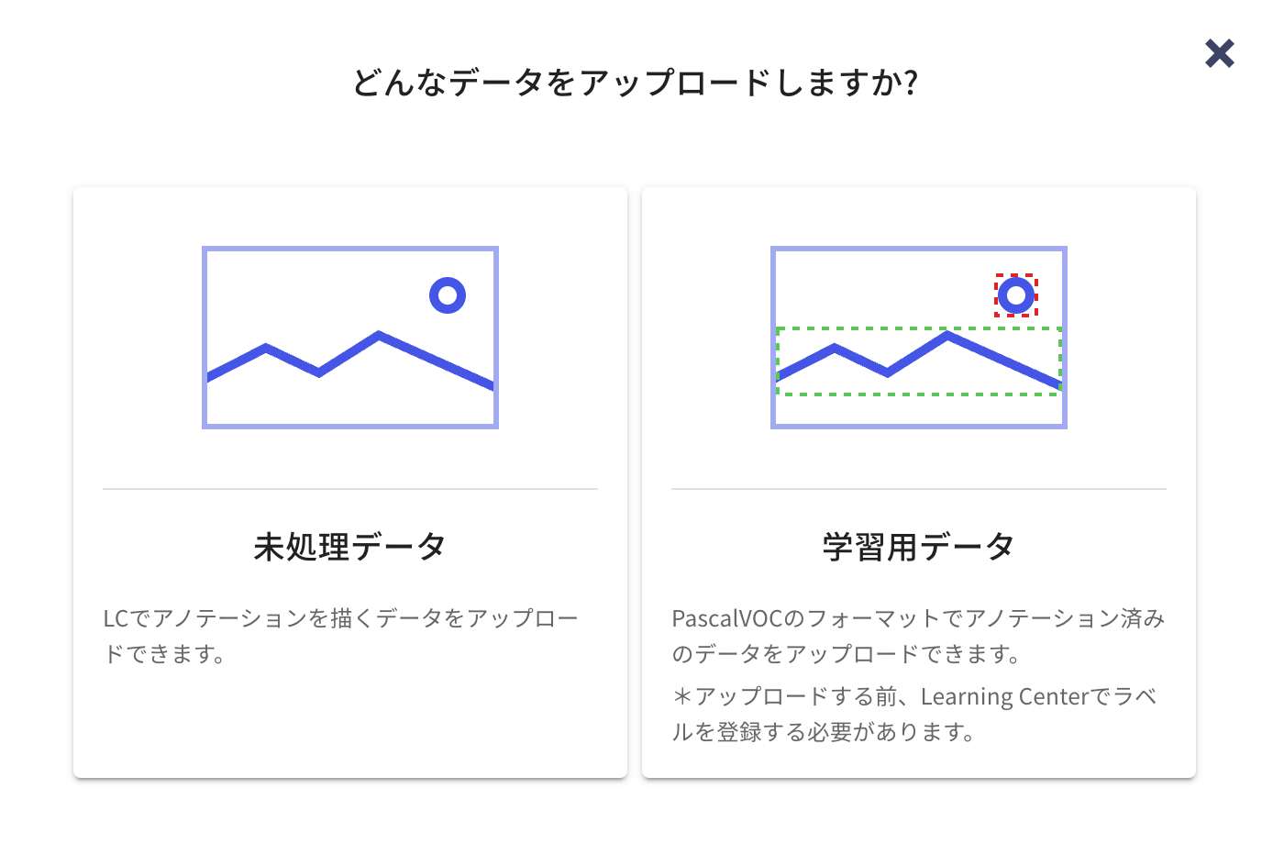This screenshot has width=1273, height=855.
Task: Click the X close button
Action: (1219, 53)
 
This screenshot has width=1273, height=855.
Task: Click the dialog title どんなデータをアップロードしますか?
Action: (635, 83)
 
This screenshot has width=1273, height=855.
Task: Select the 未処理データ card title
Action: (349, 547)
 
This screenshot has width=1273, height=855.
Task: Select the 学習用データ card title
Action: (918, 547)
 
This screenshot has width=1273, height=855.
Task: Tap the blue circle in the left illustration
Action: (448, 295)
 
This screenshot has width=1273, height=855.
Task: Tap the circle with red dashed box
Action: (1016, 295)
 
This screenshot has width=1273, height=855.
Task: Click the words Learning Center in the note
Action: (1004, 697)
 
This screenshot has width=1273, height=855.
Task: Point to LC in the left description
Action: (116, 618)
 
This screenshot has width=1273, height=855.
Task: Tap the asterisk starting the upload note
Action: (681, 697)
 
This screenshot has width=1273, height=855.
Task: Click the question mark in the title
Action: (910, 83)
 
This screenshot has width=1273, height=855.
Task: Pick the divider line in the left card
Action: (349, 489)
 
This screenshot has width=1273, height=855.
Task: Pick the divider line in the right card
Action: (918, 489)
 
